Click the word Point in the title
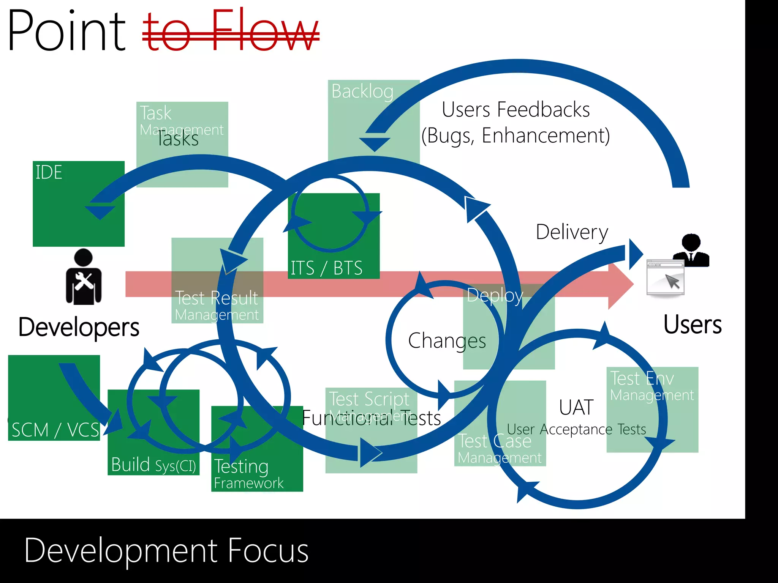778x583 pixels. [x=66, y=31]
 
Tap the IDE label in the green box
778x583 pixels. [x=49, y=172]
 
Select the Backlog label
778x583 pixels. [x=362, y=91]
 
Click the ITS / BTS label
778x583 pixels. [x=326, y=268]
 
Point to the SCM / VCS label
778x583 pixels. [x=55, y=430]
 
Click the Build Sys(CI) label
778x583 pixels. [x=153, y=465]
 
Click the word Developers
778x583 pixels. [x=79, y=327]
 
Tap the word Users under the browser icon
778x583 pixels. [x=692, y=325]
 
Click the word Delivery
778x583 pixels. [x=572, y=232]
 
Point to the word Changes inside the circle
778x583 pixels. [x=447, y=340]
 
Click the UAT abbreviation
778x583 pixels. [x=576, y=407]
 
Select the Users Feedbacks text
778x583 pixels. [x=516, y=110]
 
